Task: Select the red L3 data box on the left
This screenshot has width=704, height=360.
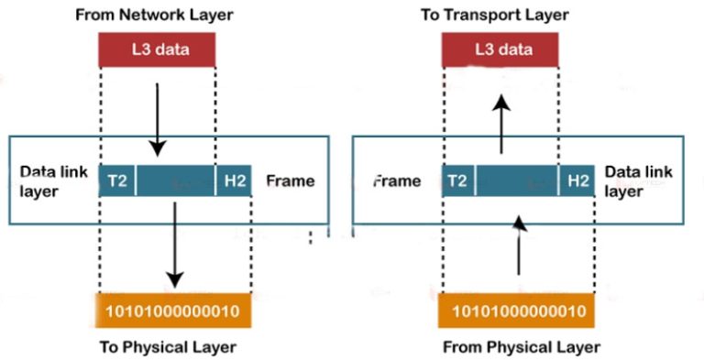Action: click(x=157, y=49)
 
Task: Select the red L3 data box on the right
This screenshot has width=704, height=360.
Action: click(x=500, y=49)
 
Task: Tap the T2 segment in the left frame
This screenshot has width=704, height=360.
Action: click(x=117, y=180)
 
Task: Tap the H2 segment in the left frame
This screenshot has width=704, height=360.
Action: click(x=232, y=180)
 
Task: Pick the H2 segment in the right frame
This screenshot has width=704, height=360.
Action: click(x=577, y=180)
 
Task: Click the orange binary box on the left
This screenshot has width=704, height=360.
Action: click(x=173, y=311)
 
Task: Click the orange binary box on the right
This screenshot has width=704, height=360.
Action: click(x=519, y=311)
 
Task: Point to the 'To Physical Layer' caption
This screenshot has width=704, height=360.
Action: click(x=168, y=347)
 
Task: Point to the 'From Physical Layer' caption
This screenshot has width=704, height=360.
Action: click(x=522, y=347)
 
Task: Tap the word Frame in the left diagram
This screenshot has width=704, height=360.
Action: click(x=290, y=180)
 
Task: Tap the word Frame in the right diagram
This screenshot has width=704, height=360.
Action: click(x=397, y=180)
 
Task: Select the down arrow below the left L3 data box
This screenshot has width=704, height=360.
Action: click(x=158, y=119)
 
